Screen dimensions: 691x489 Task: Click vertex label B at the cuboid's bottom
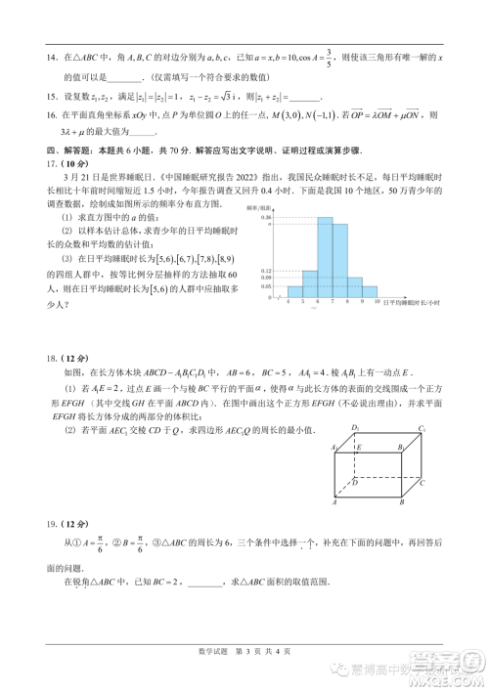(402, 502)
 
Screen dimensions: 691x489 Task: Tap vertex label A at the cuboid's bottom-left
(335, 502)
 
